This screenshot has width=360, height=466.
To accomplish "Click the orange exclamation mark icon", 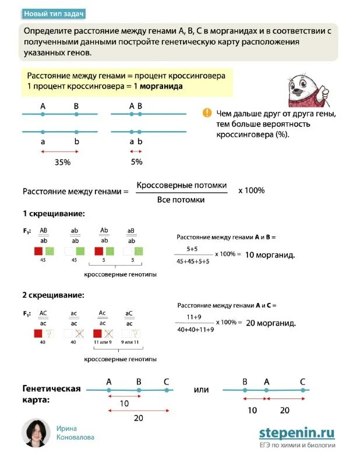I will pyautogui.click(x=207, y=113).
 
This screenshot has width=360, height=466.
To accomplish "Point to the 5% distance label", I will pyautogui.click(x=136, y=162).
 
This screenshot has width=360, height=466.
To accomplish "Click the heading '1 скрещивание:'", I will pyautogui.click(x=54, y=214).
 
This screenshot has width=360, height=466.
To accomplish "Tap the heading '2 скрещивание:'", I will pyautogui.click(x=54, y=295).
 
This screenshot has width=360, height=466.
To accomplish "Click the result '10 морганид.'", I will pyautogui.click(x=270, y=255).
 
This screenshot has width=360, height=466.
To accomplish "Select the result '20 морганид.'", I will pyautogui.click(x=270, y=323).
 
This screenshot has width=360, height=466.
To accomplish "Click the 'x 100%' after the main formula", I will pyautogui.click(x=251, y=190).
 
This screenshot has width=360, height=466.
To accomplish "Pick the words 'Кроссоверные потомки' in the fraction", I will pyautogui.click(x=181, y=185).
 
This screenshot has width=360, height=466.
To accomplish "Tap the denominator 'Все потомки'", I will pyautogui.click(x=181, y=199).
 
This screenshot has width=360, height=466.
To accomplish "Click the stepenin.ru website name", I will pyautogui.click(x=297, y=432).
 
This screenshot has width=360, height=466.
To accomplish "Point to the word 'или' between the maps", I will pyautogui.click(x=201, y=390).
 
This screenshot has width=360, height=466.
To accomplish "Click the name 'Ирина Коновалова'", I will pyautogui.click(x=75, y=433).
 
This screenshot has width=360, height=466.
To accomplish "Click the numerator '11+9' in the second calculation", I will pyautogui.click(x=194, y=316).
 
